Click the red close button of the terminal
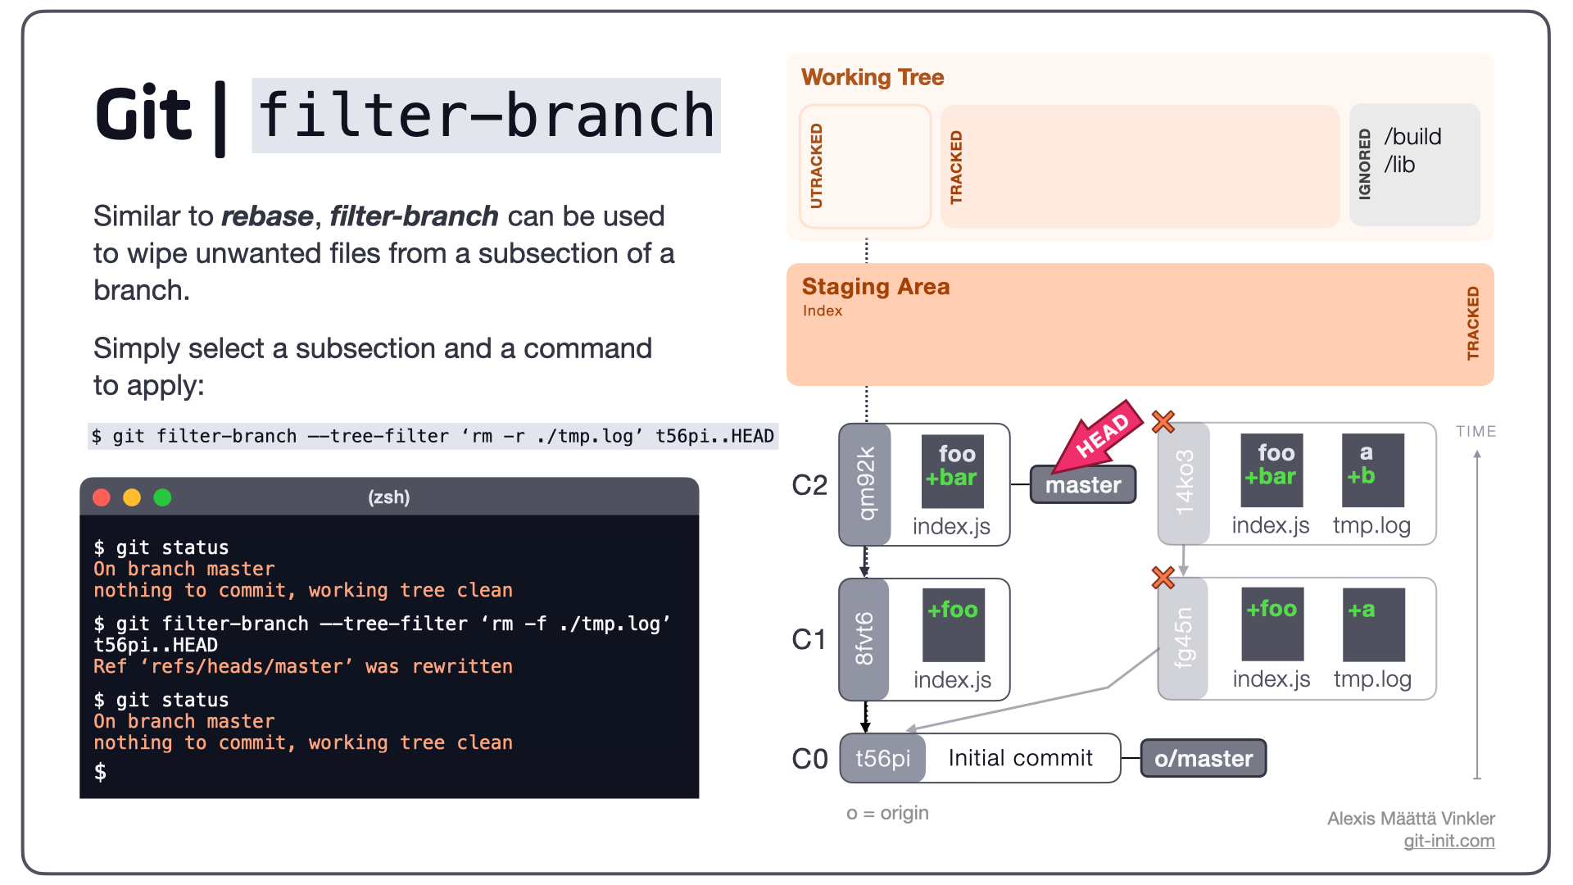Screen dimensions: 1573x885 (x=102, y=497)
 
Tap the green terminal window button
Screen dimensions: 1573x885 (x=162, y=497)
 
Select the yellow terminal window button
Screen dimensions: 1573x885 (x=132, y=497)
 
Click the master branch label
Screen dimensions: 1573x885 (x=1083, y=484)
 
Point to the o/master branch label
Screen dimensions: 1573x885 (x=1204, y=758)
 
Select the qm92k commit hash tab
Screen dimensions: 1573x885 (x=865, y=484)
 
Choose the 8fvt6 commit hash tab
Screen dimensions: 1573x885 (x=864, y=639)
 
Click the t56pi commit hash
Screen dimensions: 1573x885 (x=883, y=758)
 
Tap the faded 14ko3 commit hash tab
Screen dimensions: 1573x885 (x=1184, y=483)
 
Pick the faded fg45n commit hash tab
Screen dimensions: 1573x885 (x=1184, y=638)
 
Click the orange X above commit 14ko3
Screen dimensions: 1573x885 (x=1163, y=422)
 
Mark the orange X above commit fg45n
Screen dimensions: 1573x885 (x=1163, y=578)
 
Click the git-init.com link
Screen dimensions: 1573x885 (x=1449, y=841)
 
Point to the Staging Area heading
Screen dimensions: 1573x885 (x=876, y=287)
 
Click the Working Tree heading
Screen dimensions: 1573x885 (x=873, y=77)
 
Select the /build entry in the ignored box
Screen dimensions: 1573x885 (x=1413, y=137)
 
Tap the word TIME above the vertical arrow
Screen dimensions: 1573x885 (x=1476, y=432)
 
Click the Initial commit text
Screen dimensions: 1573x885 (x=1021, y=758)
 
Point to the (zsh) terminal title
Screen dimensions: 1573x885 (x=389, y=497)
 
